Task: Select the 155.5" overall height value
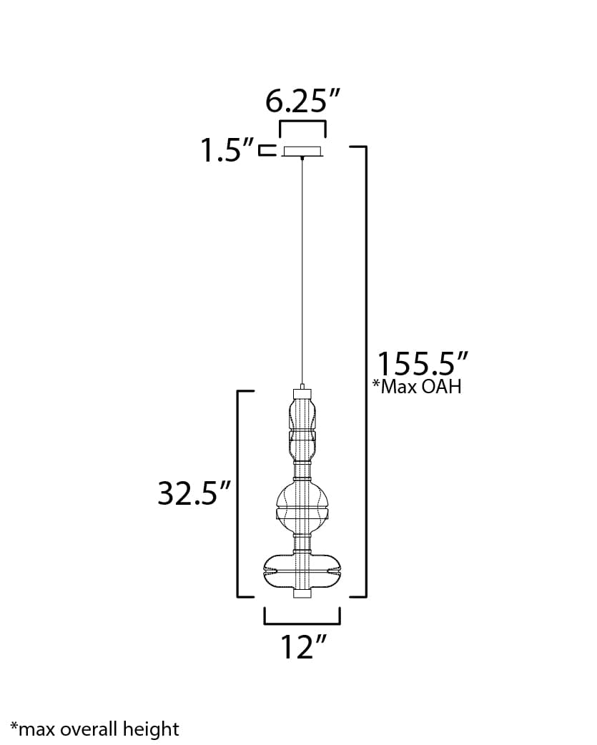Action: click(423, 363)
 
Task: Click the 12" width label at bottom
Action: click(302, 647)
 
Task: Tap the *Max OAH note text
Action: click(417, 388)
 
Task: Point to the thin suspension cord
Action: click(302, 272)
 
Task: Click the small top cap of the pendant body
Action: click(302, 393)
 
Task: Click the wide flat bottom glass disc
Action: click(302, 570)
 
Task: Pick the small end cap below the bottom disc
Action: click(302, 594)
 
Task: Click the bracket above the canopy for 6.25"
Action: click(302, 124)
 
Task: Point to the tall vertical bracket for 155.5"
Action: click(366, 372)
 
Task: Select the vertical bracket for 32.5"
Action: click(238, 493)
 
